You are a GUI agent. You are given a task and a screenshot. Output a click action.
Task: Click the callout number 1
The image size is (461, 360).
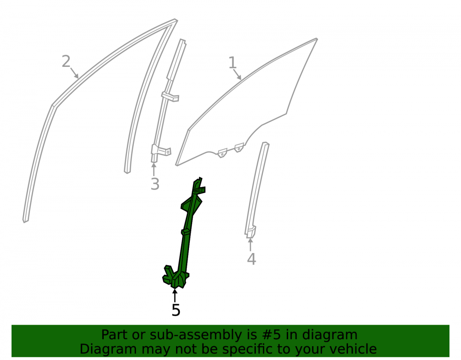click(x=232, y=63)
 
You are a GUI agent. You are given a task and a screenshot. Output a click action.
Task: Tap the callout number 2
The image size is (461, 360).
click(x=66, y=61)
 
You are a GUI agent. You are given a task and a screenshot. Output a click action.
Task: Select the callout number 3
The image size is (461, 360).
click(x=155, y=184)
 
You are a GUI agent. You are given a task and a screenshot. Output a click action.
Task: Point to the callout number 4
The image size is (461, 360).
click(x=251, y=259)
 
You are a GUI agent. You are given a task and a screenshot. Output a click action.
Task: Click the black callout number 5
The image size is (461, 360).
click(x=176, y=310)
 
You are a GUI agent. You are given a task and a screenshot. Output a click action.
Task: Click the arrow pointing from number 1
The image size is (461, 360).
click(x=237, y=75)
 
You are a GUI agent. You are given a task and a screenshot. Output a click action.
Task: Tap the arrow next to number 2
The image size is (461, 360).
click(x=74, y=73)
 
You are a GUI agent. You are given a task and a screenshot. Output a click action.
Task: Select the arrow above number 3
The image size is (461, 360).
click(x=154, y=169)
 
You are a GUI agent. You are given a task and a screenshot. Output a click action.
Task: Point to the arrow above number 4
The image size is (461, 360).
click(x=250, y=244)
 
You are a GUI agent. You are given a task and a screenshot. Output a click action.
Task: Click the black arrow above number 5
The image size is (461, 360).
click(x=175, y=295)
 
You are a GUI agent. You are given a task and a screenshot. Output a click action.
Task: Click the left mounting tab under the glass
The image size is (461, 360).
click(x=222, y=153)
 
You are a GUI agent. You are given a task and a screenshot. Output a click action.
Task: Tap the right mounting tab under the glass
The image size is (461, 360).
click(x=239, y=148)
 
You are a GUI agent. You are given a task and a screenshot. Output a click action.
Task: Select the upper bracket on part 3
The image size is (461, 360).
click(x=170, y=97)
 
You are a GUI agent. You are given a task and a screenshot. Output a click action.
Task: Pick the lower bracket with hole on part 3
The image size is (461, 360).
click(x=161, y=150)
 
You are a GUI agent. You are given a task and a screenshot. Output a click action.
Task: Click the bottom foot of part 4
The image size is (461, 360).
click(x=251, y=232)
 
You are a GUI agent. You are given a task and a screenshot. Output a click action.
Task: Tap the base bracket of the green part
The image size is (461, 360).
click(x=176, y=277)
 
